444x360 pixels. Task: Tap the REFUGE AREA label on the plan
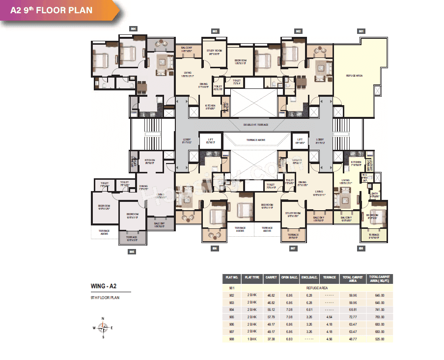coord(354,75)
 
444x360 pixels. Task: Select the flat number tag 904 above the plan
coord(133,29)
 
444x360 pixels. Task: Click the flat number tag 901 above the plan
coord(361,31)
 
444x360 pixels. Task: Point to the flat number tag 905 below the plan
coord(132,251)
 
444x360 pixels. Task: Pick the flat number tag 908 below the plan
coord(361,249)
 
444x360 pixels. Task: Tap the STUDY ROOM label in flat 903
coord(214,52)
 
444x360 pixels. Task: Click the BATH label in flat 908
coord(374,194)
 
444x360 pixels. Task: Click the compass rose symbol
coord(103,328)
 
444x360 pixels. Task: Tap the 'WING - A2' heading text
coord(103,286)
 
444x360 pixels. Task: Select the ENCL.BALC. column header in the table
coord(308,277)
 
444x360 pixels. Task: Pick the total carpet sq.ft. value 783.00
coord(379,317)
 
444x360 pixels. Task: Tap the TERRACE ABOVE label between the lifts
coord(255,140)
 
